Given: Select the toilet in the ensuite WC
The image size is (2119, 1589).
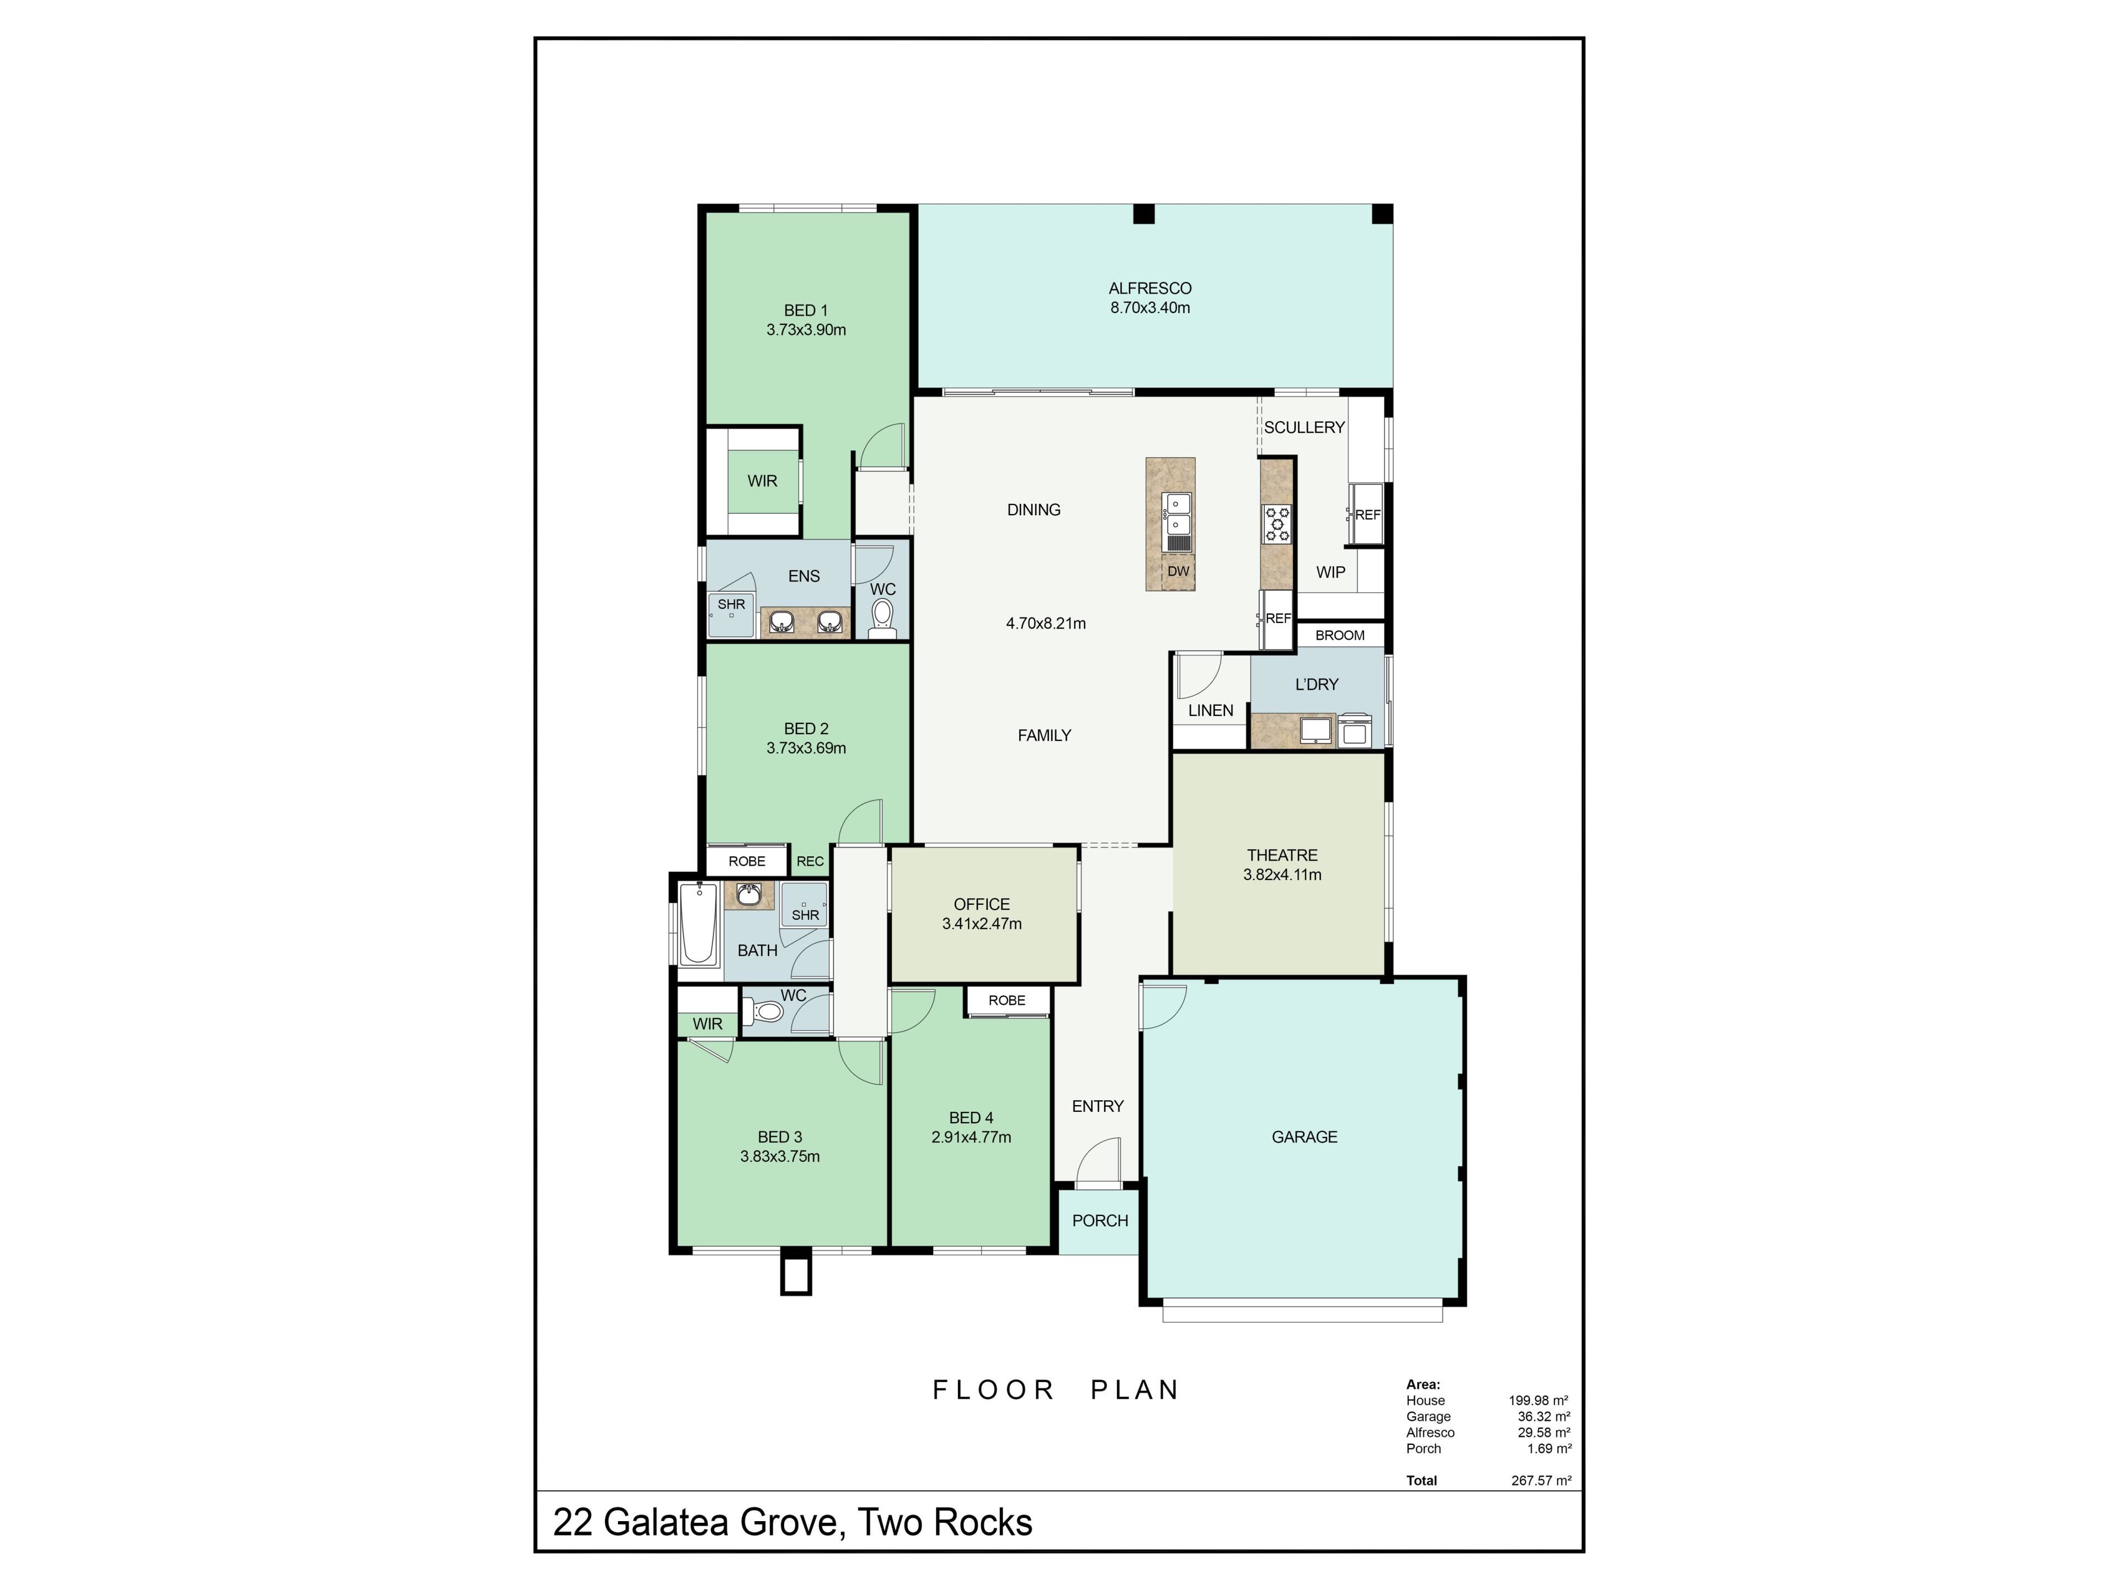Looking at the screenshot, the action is (882, 618).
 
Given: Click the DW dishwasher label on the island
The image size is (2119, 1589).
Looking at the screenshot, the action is (1178, 572).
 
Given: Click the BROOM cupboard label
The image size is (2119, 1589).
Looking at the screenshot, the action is (1339, 635).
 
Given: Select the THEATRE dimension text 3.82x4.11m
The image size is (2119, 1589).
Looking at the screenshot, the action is (1282, 875).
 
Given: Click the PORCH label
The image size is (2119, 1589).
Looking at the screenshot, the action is (1100, 1221).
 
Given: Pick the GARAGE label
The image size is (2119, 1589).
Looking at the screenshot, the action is (1304, 1137).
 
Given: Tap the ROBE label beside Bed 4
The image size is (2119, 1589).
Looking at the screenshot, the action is (1007, 1000).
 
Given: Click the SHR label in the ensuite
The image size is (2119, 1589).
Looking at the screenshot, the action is (731, 604).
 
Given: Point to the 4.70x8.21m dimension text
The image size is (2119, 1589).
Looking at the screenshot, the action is (1046, 623).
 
